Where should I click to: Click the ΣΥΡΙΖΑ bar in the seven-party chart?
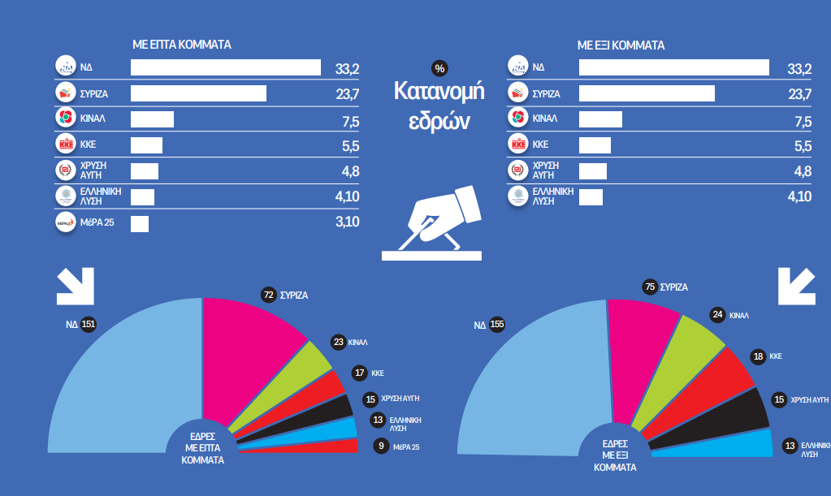coord(198,93)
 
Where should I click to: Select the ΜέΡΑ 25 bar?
coord(140,222)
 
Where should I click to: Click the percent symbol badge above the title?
coord(439,68)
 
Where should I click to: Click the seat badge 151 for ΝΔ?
coord(89,325)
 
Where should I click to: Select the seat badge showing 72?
coord(268,295)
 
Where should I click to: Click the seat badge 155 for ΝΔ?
coord(497,325)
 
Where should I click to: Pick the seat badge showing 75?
coord(648,287)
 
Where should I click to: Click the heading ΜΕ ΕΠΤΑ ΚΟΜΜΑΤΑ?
coord(182,45)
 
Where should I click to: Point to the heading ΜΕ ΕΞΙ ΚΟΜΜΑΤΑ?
coord(621,45)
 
